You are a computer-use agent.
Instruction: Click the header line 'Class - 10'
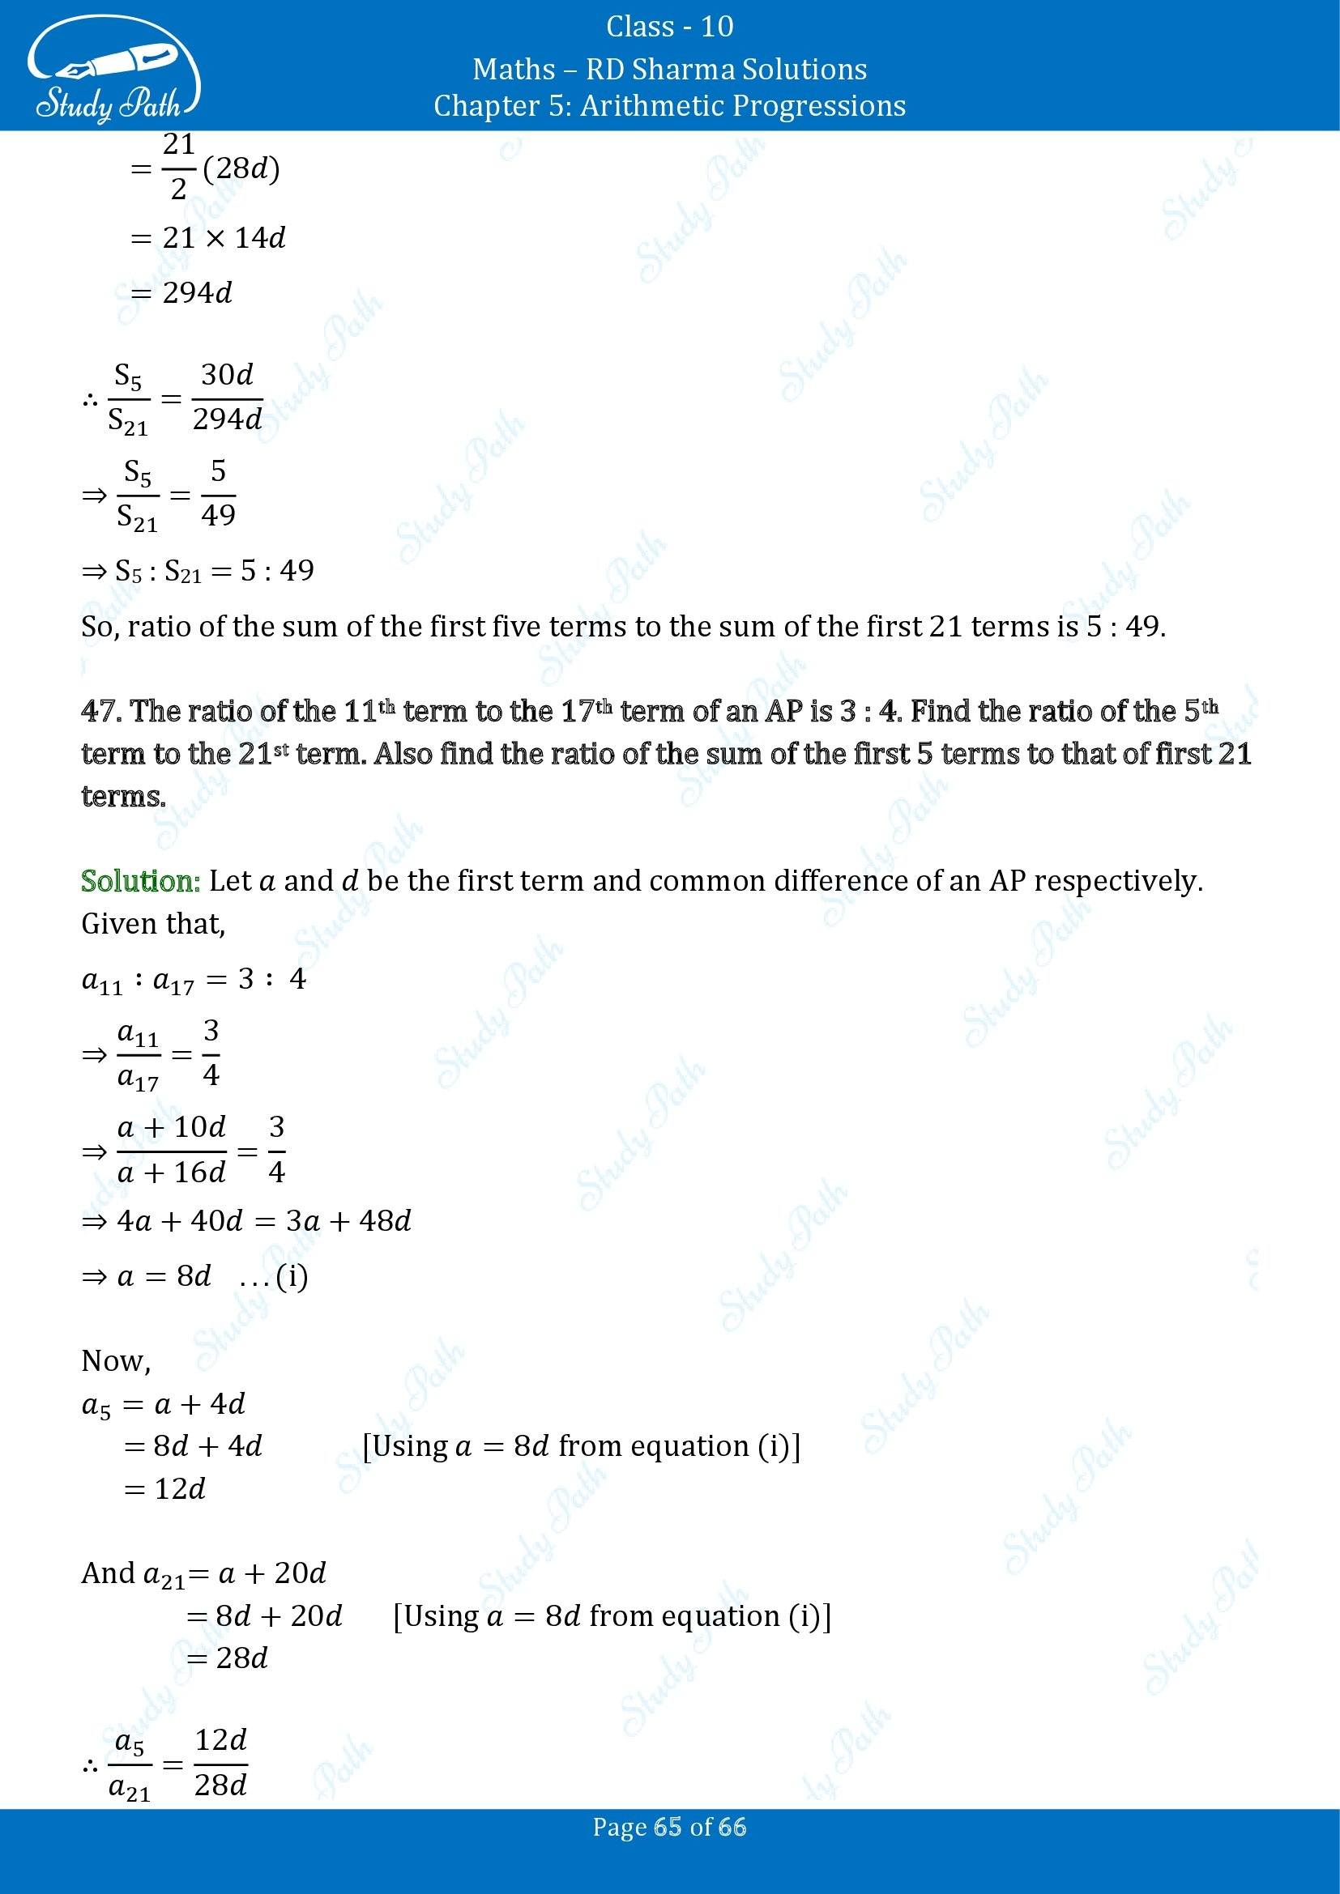tap(669, 27)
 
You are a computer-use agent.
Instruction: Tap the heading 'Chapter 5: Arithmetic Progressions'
tap(669, 105)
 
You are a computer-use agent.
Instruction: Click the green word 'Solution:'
tap(140, 881)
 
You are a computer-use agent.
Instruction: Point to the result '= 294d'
tap(182, 293)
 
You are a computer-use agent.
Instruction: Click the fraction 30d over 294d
tap(228, 398)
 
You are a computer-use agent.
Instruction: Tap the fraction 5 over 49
tap(218, 494)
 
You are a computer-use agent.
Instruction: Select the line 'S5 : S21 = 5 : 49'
tap(198, 571)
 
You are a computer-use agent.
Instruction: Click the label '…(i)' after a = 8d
tap(273, 1277)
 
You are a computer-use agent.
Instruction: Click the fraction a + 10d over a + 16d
tap(172, 1149)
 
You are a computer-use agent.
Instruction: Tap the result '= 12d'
tap(165, 1489)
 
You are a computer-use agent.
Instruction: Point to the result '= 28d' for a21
tap(228, 1658)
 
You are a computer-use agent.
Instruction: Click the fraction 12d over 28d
tap(221, 1763)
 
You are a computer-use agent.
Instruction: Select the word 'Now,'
tap(116, 1360)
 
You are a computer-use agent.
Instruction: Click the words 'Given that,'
tap(152, 924)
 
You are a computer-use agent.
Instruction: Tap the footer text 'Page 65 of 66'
tap(669, 1850)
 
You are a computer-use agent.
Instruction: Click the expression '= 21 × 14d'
tap(208, 238)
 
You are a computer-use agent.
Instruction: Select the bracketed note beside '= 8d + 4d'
tap(581, 1446)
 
